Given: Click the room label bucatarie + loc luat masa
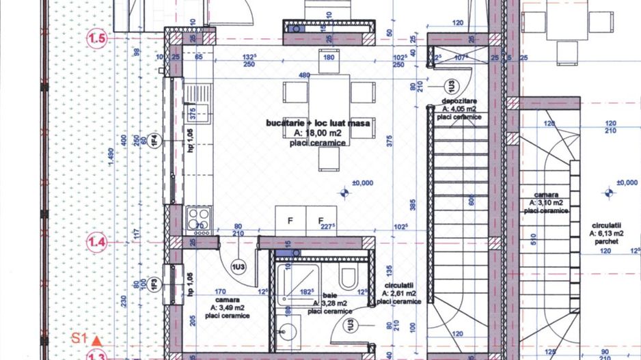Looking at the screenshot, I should [x=318, y=124].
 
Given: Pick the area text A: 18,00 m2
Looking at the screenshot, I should [x=318, y=134].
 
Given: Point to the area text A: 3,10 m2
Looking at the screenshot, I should [x=547, y=203].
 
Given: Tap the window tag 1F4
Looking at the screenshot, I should [x=155, y=141].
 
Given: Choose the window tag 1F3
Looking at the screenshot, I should [x=155, y=283].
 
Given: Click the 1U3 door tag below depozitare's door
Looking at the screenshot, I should [x=451, y=86].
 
